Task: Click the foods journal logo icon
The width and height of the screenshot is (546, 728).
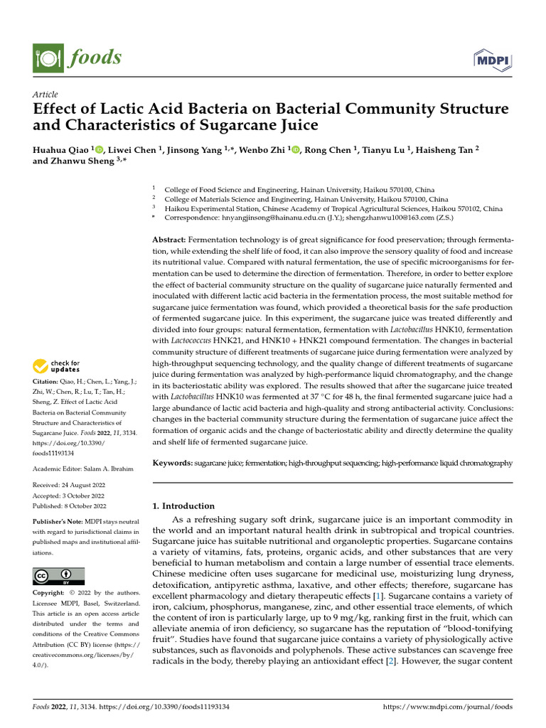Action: point(45,57)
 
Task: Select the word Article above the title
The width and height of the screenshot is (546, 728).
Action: point(45,95)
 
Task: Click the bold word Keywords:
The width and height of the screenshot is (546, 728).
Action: point(173,463)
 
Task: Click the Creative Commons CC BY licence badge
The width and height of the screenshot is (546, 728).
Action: point(58,576)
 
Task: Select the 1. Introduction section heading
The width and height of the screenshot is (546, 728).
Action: point(184,506)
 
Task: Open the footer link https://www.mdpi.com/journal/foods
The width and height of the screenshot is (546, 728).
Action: point(447,707)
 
